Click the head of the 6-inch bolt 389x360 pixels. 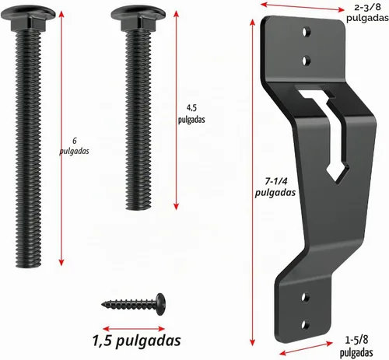(x=28, y=17)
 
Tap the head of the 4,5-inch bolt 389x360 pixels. (x=138, y=17)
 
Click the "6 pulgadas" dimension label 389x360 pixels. (x=74, y=146)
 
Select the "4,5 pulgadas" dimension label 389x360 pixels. (x=191, y=114)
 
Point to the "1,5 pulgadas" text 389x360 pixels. (x=136, y=341)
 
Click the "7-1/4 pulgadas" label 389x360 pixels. (x=275, y=187)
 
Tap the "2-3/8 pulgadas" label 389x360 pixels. (x=367, y=12)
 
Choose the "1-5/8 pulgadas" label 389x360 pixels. (x=356, y=347)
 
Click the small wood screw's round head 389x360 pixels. (x=161, y=304)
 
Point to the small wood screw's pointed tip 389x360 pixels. (x=103, y=304)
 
